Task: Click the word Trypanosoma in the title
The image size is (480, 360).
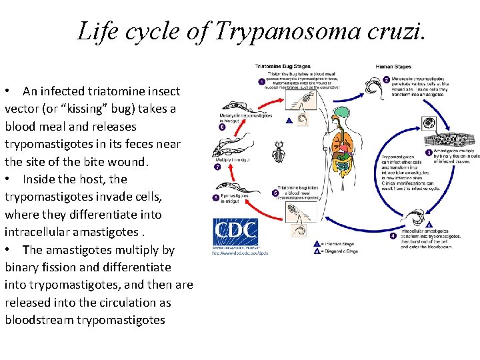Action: (281, 31)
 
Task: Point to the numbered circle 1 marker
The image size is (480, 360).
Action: (261, 81)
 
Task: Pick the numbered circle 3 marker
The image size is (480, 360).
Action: (429, 153)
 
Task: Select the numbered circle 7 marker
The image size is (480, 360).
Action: (217, 167)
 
